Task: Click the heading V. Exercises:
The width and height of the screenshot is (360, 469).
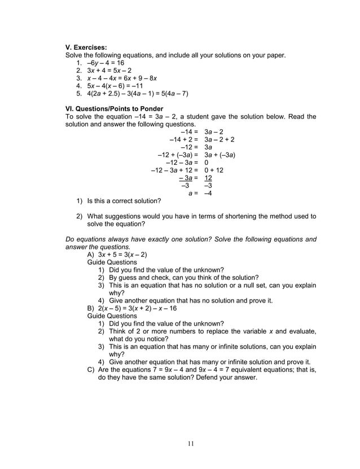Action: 86,47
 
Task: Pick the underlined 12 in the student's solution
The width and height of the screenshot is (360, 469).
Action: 208,177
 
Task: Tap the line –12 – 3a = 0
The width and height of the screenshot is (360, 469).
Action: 187,162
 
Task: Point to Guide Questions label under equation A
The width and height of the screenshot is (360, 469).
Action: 112,262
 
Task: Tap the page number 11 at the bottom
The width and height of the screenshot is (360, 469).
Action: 191,443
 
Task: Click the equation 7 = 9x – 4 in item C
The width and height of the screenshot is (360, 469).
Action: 172,370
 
